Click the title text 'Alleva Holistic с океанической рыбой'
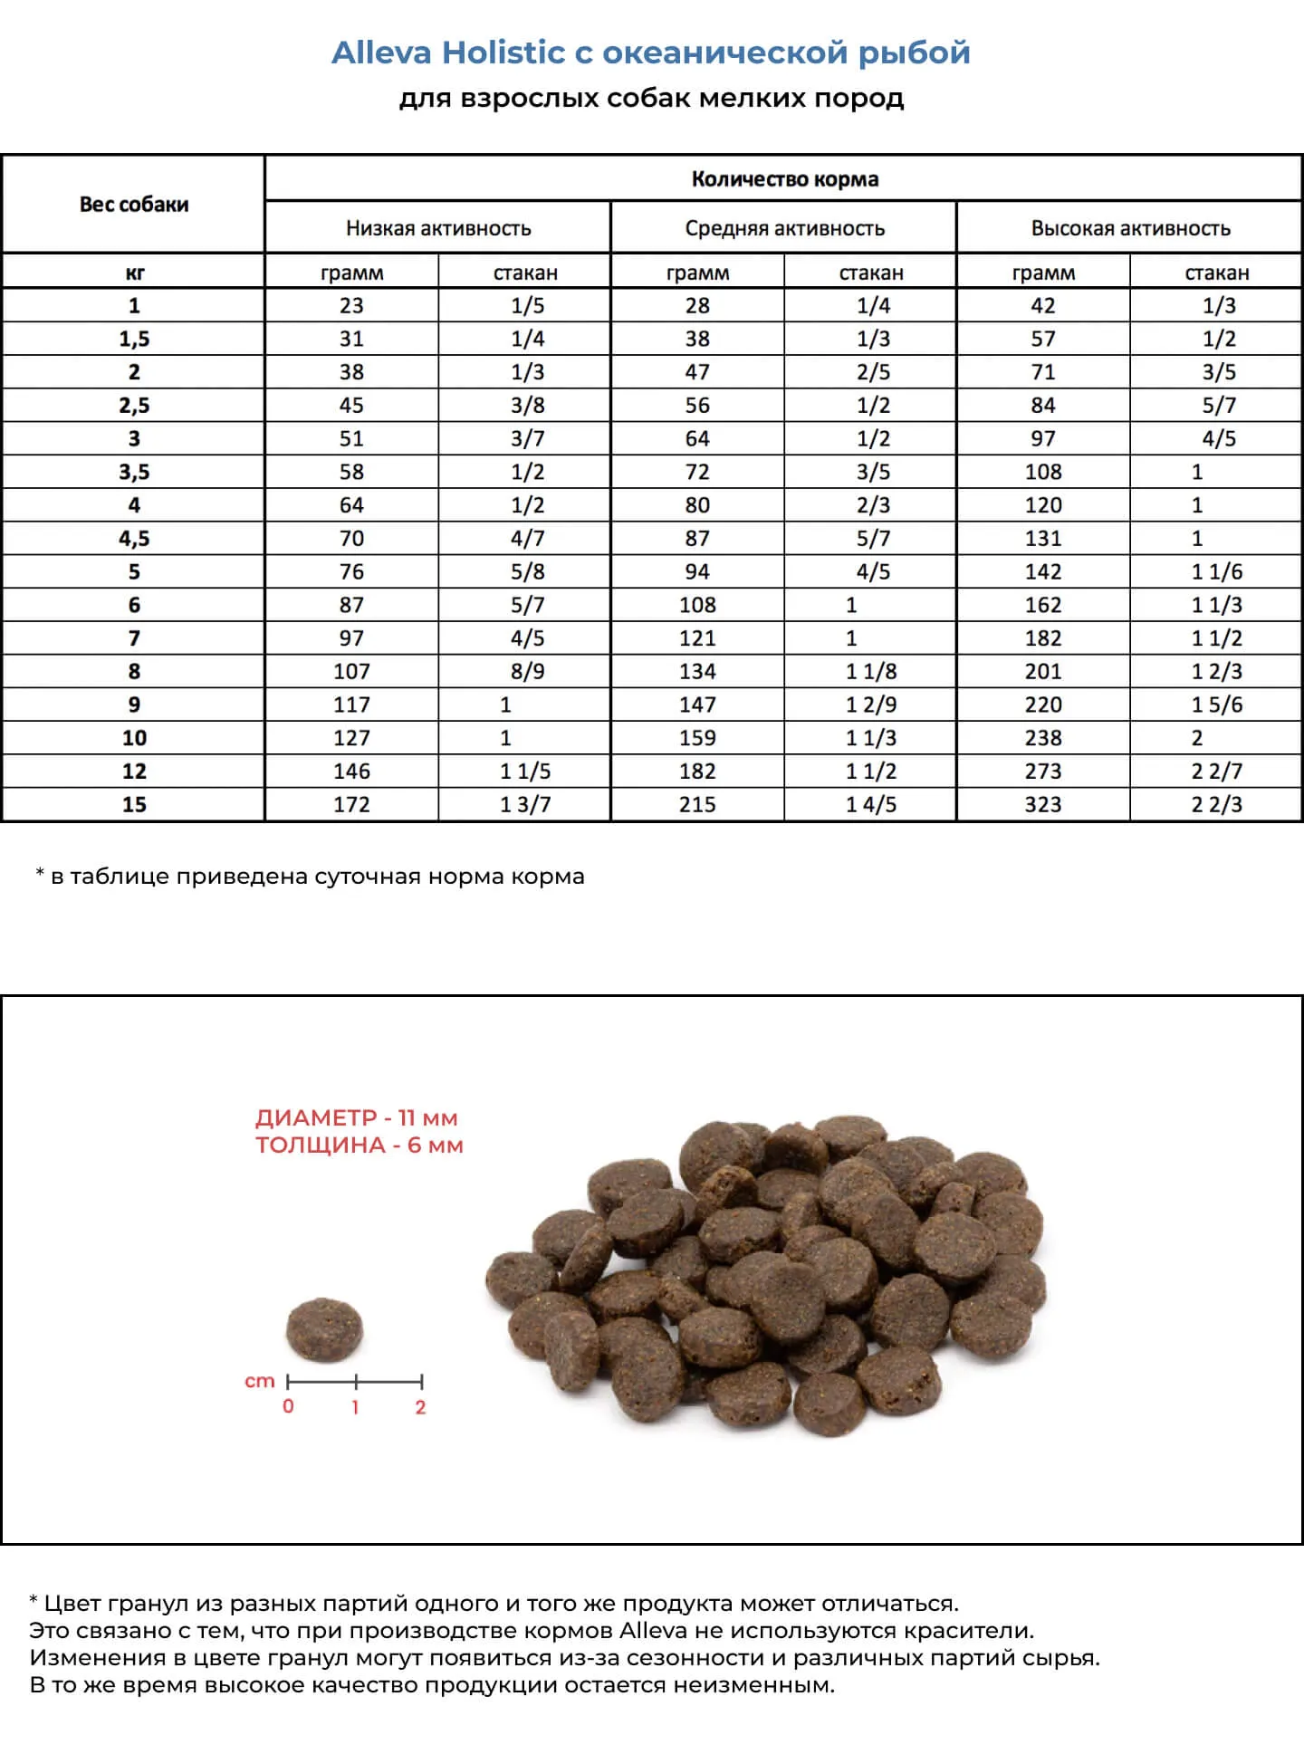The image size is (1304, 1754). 650,53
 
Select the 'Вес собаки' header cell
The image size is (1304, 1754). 134,205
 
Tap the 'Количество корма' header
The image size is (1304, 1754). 784,179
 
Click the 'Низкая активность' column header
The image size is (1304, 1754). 438,228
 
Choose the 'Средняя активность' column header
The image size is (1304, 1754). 784,228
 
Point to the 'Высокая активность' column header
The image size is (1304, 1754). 1130,228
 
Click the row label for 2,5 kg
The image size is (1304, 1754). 134,406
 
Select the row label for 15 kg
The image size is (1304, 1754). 134,805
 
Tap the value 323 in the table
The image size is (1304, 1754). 1042,805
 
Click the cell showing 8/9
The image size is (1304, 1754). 527,672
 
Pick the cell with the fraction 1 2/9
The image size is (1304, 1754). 871,705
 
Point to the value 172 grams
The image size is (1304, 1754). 351,805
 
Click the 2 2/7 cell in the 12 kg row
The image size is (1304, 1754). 1216,772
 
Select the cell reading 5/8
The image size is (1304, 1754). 527,572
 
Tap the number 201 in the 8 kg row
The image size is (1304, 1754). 1042,672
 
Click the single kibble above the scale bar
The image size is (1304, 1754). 324,1329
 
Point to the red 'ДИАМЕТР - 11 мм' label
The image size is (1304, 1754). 356,1117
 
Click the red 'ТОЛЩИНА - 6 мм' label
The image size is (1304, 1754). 359,1145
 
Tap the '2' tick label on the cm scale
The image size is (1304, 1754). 420,1407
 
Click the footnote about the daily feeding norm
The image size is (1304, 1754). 311,877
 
